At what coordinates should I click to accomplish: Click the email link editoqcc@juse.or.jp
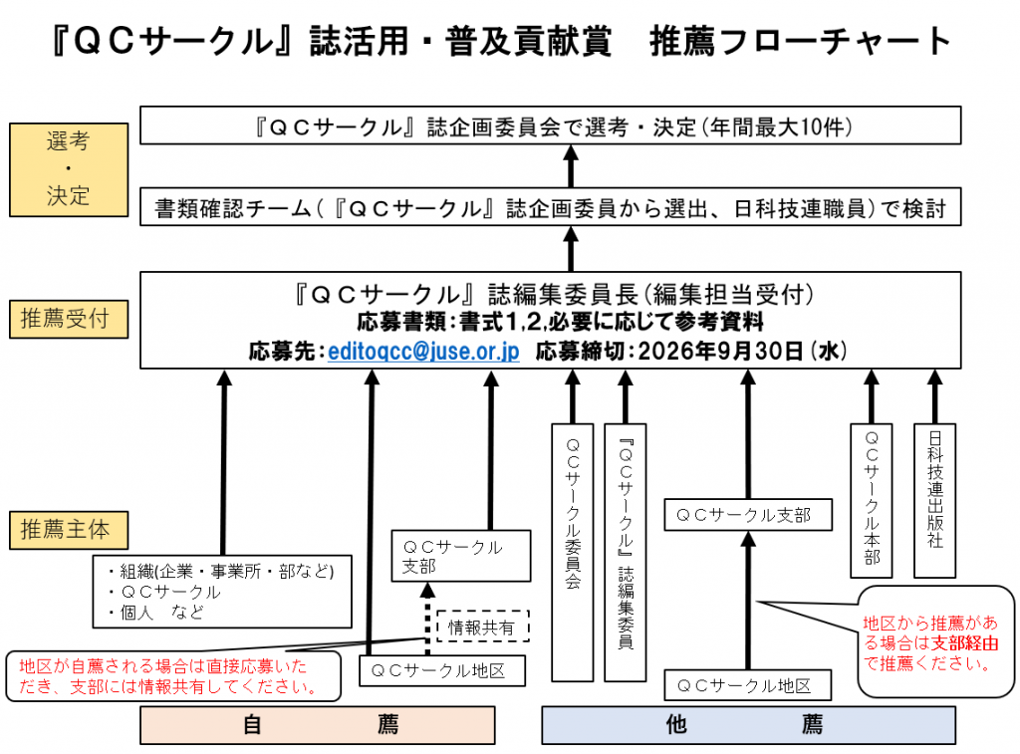click(423, 352)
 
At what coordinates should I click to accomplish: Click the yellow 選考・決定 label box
click(68, 169)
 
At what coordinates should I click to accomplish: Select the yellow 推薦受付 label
click(68, 319)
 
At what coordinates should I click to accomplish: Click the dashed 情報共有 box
click(481, 627)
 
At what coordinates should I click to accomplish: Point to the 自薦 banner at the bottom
click(318, 725)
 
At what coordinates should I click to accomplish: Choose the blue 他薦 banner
click(747, 725)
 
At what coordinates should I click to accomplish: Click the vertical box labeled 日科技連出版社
click(934, 500)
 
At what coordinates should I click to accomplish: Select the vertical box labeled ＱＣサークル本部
click(872, 500)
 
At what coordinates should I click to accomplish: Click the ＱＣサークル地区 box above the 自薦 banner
click(442, 670)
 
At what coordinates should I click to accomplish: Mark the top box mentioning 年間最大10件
click(550, 126)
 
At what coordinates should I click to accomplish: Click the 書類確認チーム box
click(550, 209)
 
